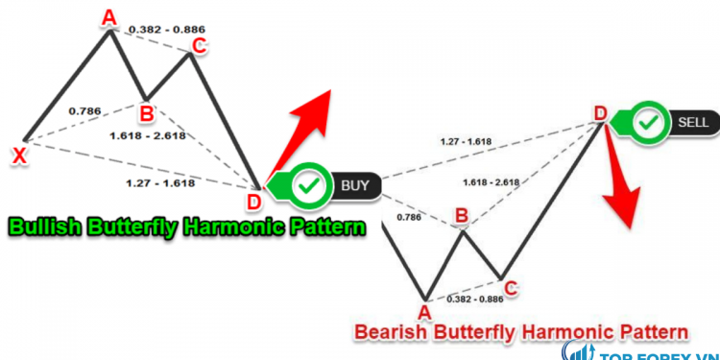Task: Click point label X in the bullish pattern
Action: pyautogui.click(x=18, y=155)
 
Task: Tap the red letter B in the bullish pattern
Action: pyautogui.click(x=146, y=113)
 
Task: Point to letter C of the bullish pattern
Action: pyautogui.click(x=199, y=45)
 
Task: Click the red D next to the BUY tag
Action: pyautogui.click(x=253, y=201)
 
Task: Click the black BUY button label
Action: pyautogui.click(x=354, y=184)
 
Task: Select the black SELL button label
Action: pyautogui.click(x=692, y=123)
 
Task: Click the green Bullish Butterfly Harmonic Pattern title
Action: pyautogui.click(x=187, y=228)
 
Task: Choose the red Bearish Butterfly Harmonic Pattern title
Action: pyautogui.click(x=521, y=332)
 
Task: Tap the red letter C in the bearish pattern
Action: pyautogui.click(x=511, y=286)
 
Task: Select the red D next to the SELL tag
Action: pyautogui.click(x=600, y=114)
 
